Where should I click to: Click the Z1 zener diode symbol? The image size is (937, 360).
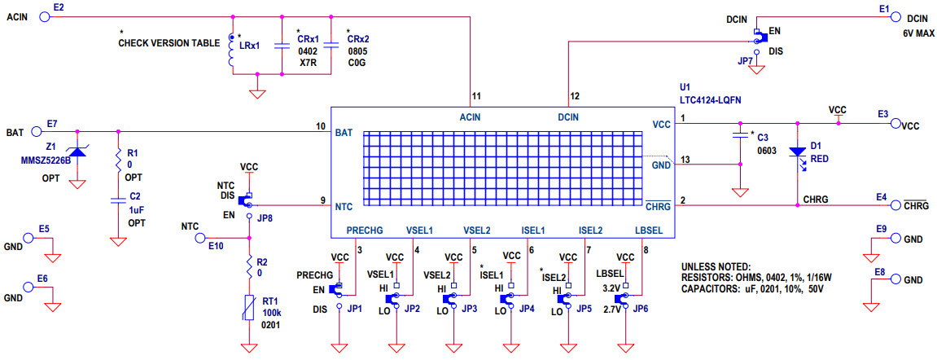77,150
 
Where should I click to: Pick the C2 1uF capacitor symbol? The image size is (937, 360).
119,200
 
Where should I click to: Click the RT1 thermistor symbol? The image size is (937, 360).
248,308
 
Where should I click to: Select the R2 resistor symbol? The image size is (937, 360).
248,266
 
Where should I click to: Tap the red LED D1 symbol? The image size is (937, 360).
796,151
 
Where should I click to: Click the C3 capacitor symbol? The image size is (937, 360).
740,135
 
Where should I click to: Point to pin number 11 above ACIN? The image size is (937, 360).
475,97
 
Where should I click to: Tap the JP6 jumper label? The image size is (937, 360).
641,309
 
